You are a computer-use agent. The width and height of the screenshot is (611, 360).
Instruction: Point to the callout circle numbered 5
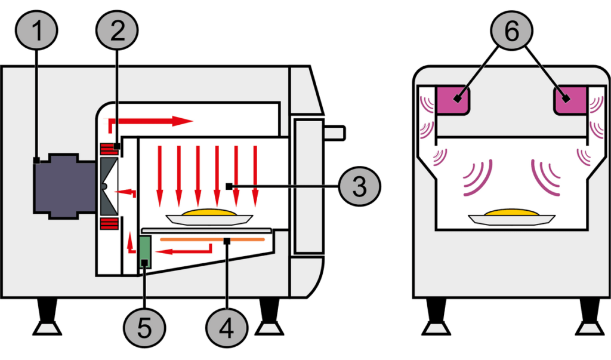click(144, 328)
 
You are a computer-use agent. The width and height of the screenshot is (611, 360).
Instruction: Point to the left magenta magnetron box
click(455, 99)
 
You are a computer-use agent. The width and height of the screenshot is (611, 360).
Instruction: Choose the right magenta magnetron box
click(571, 99)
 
